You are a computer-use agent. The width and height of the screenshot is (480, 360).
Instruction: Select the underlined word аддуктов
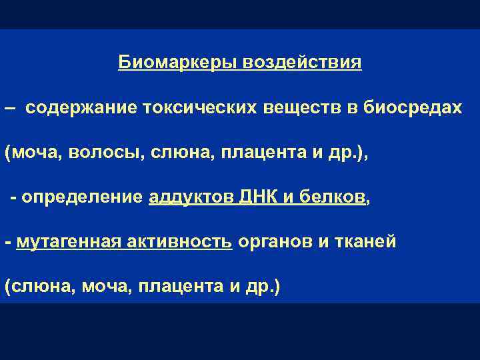pyautogui.click(x=187, y=197)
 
